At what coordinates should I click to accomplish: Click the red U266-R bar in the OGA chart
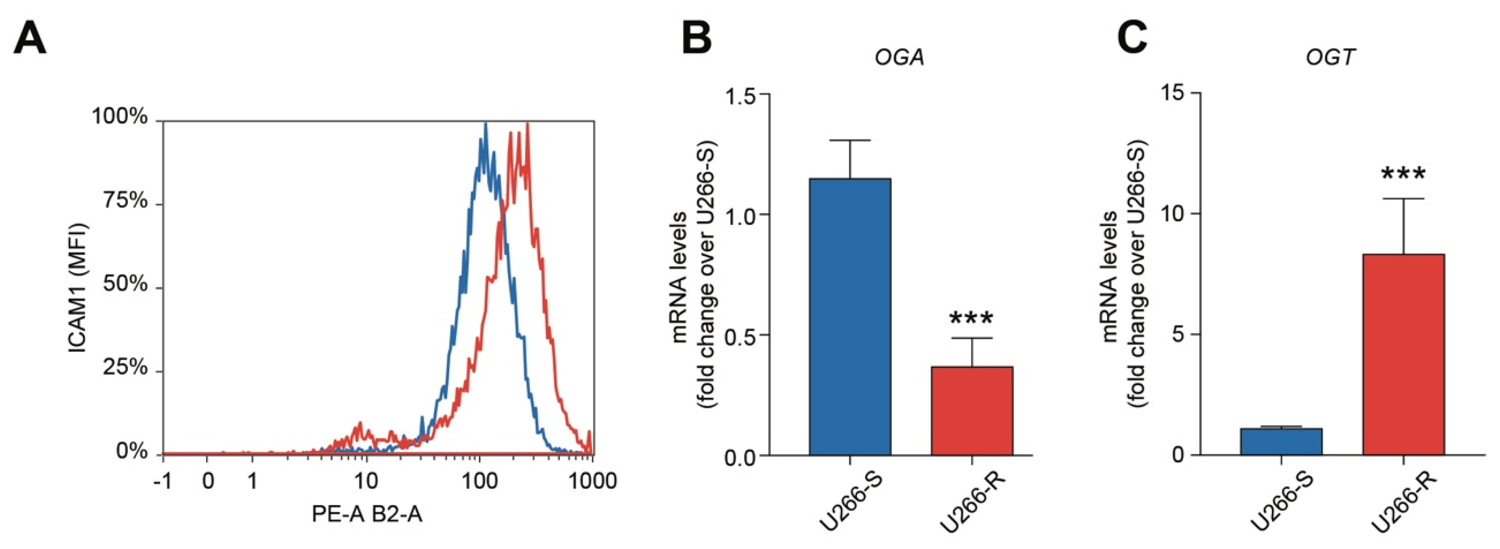point(972,411)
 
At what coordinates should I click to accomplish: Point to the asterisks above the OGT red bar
point(1403,174)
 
